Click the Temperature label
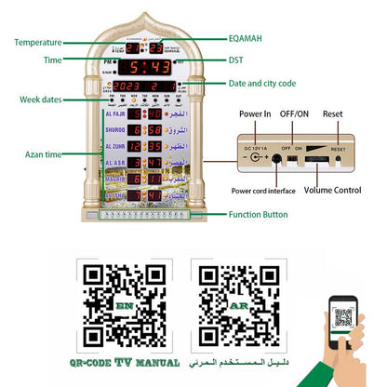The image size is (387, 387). tap(38, 42)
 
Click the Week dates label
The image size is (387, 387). tap(42, 100)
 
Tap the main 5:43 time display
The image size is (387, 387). tap(149, 68)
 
